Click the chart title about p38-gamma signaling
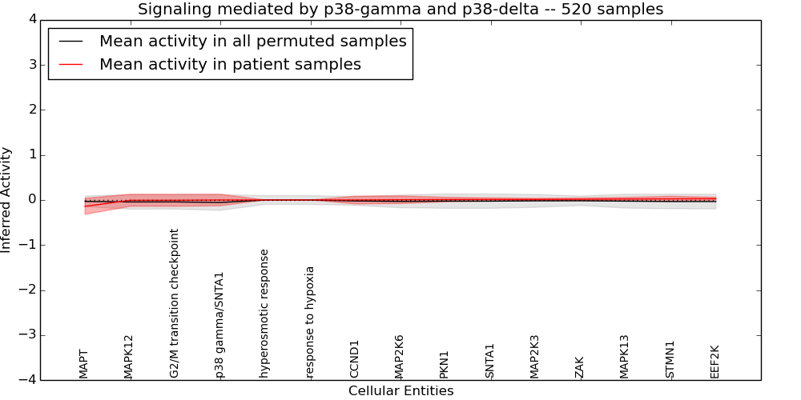(400, 10)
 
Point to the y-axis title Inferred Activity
(6, 200)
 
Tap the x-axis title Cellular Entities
(400, 390)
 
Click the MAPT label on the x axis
(84, 363)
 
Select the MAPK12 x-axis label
(129, 357)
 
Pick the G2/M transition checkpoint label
(175, 303)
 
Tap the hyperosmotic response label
(264, 313)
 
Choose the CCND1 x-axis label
(355, 358)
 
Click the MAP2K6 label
(400, 356)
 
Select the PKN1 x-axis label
(445, 363)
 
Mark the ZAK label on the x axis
(580, 367)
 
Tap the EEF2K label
(715, 361)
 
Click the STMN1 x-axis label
(670, 359)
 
